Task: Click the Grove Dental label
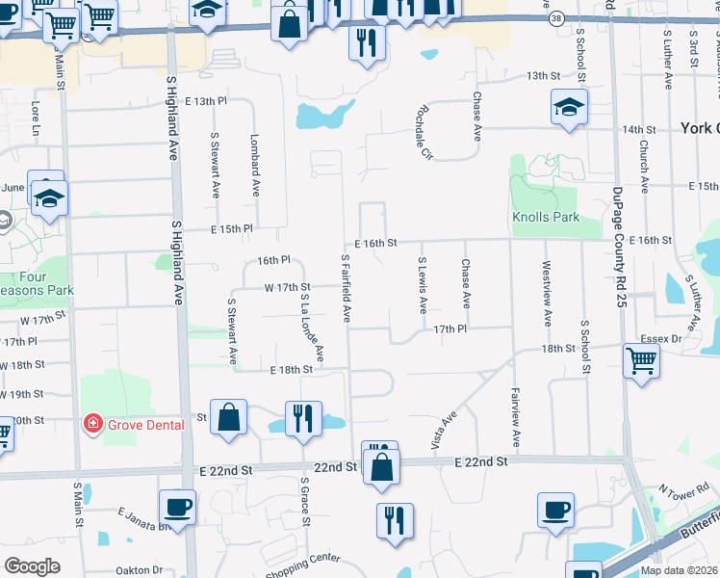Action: point(145,424)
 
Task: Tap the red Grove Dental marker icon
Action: point(93,424)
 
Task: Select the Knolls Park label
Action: point(546,217)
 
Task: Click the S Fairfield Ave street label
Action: point(345,288)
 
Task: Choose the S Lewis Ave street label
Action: point(422,285)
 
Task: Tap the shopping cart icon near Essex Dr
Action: point(642,362)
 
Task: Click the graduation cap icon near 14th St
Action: point(569,108)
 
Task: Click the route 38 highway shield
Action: point(555,18)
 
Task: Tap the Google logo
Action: point(33,565)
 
